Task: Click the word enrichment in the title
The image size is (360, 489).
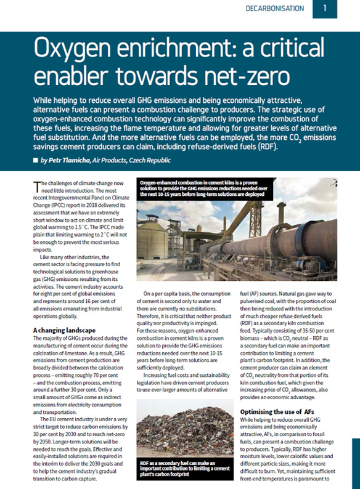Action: pyautogui.click(x=160, y=48)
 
